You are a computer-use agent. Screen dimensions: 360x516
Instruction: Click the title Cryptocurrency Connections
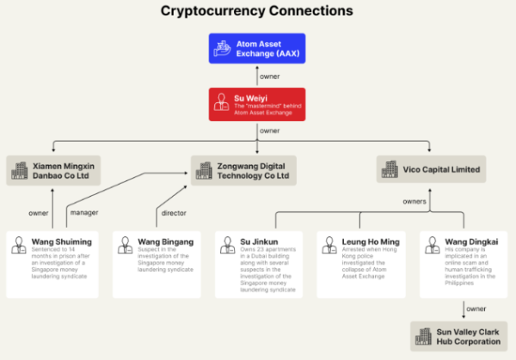point(257,11)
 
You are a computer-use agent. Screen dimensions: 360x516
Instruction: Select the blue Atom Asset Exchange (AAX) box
point(257,47)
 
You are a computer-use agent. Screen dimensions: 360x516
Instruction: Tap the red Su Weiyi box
point(257,103)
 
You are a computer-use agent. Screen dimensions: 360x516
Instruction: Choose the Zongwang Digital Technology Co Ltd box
point(244,170)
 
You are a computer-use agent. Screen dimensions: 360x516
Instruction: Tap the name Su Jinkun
point(259,242)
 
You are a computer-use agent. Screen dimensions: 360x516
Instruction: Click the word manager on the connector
point(83,212)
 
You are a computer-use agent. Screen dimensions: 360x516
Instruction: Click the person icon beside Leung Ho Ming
point(328,245)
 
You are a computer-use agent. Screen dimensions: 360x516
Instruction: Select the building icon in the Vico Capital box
point(391,169)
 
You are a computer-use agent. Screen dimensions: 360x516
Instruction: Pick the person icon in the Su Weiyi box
point(223,103)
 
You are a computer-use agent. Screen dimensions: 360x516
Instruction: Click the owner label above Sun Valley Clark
point(476,308)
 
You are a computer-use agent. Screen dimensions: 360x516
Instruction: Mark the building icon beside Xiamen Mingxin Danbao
point(19,170)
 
